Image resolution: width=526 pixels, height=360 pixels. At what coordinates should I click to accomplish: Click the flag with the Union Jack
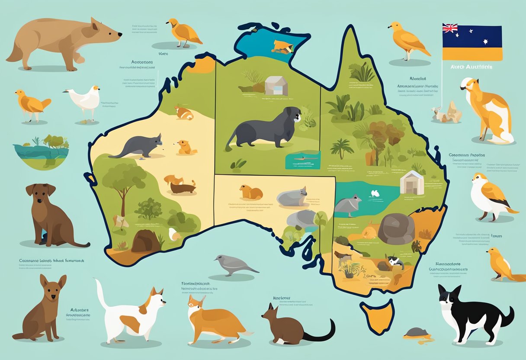472,42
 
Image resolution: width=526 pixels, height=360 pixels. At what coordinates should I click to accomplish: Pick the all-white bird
84,101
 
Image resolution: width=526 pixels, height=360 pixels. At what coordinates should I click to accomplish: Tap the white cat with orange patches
132,309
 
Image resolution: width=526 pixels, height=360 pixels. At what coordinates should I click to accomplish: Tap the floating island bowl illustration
41,149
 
